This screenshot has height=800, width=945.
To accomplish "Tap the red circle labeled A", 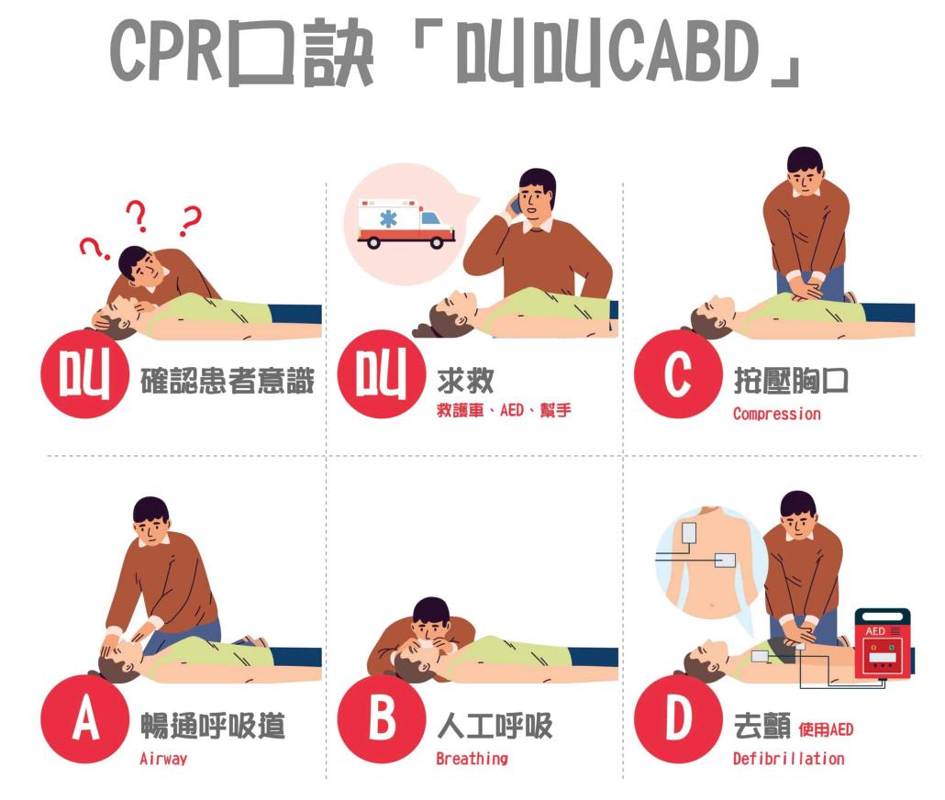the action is [85, 718].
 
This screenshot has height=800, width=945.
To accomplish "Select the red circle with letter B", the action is [382, 718].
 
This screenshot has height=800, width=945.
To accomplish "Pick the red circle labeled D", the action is [678, 718].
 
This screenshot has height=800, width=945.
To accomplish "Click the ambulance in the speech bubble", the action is [406, 224].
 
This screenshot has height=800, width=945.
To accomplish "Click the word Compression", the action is [777, 414].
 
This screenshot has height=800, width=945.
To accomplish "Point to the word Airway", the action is [163, 759].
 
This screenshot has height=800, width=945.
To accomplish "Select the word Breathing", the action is [472, 759].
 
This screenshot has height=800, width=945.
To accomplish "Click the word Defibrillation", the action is [788, 759].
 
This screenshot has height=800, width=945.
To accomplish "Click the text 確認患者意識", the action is [228, 381].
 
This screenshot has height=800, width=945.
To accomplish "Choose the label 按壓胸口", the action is [791, 381].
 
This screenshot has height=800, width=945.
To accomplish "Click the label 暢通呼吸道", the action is [213, 726].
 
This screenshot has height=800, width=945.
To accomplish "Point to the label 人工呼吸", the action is [495, 726].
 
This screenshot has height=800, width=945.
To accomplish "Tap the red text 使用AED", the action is [826, 729].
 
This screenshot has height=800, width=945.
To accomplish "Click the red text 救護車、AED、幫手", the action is [504, 410].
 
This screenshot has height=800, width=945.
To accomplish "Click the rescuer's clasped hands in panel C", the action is [806, 285].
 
